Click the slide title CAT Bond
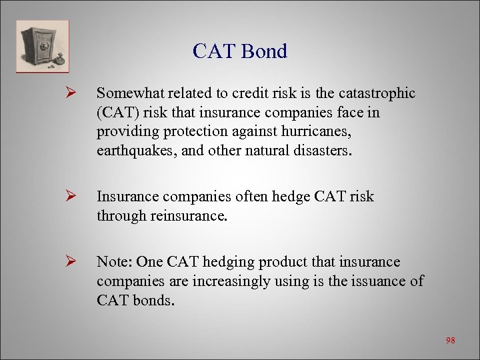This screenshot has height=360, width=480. point(239,51)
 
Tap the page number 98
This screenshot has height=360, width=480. point(450,341)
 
